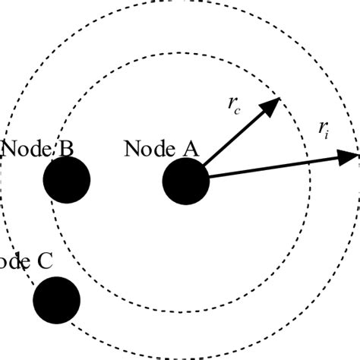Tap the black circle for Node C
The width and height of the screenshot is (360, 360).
pyautogui.click(x=57, y=299)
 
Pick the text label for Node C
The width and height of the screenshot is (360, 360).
pyautogui.click(x=27, y=262)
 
